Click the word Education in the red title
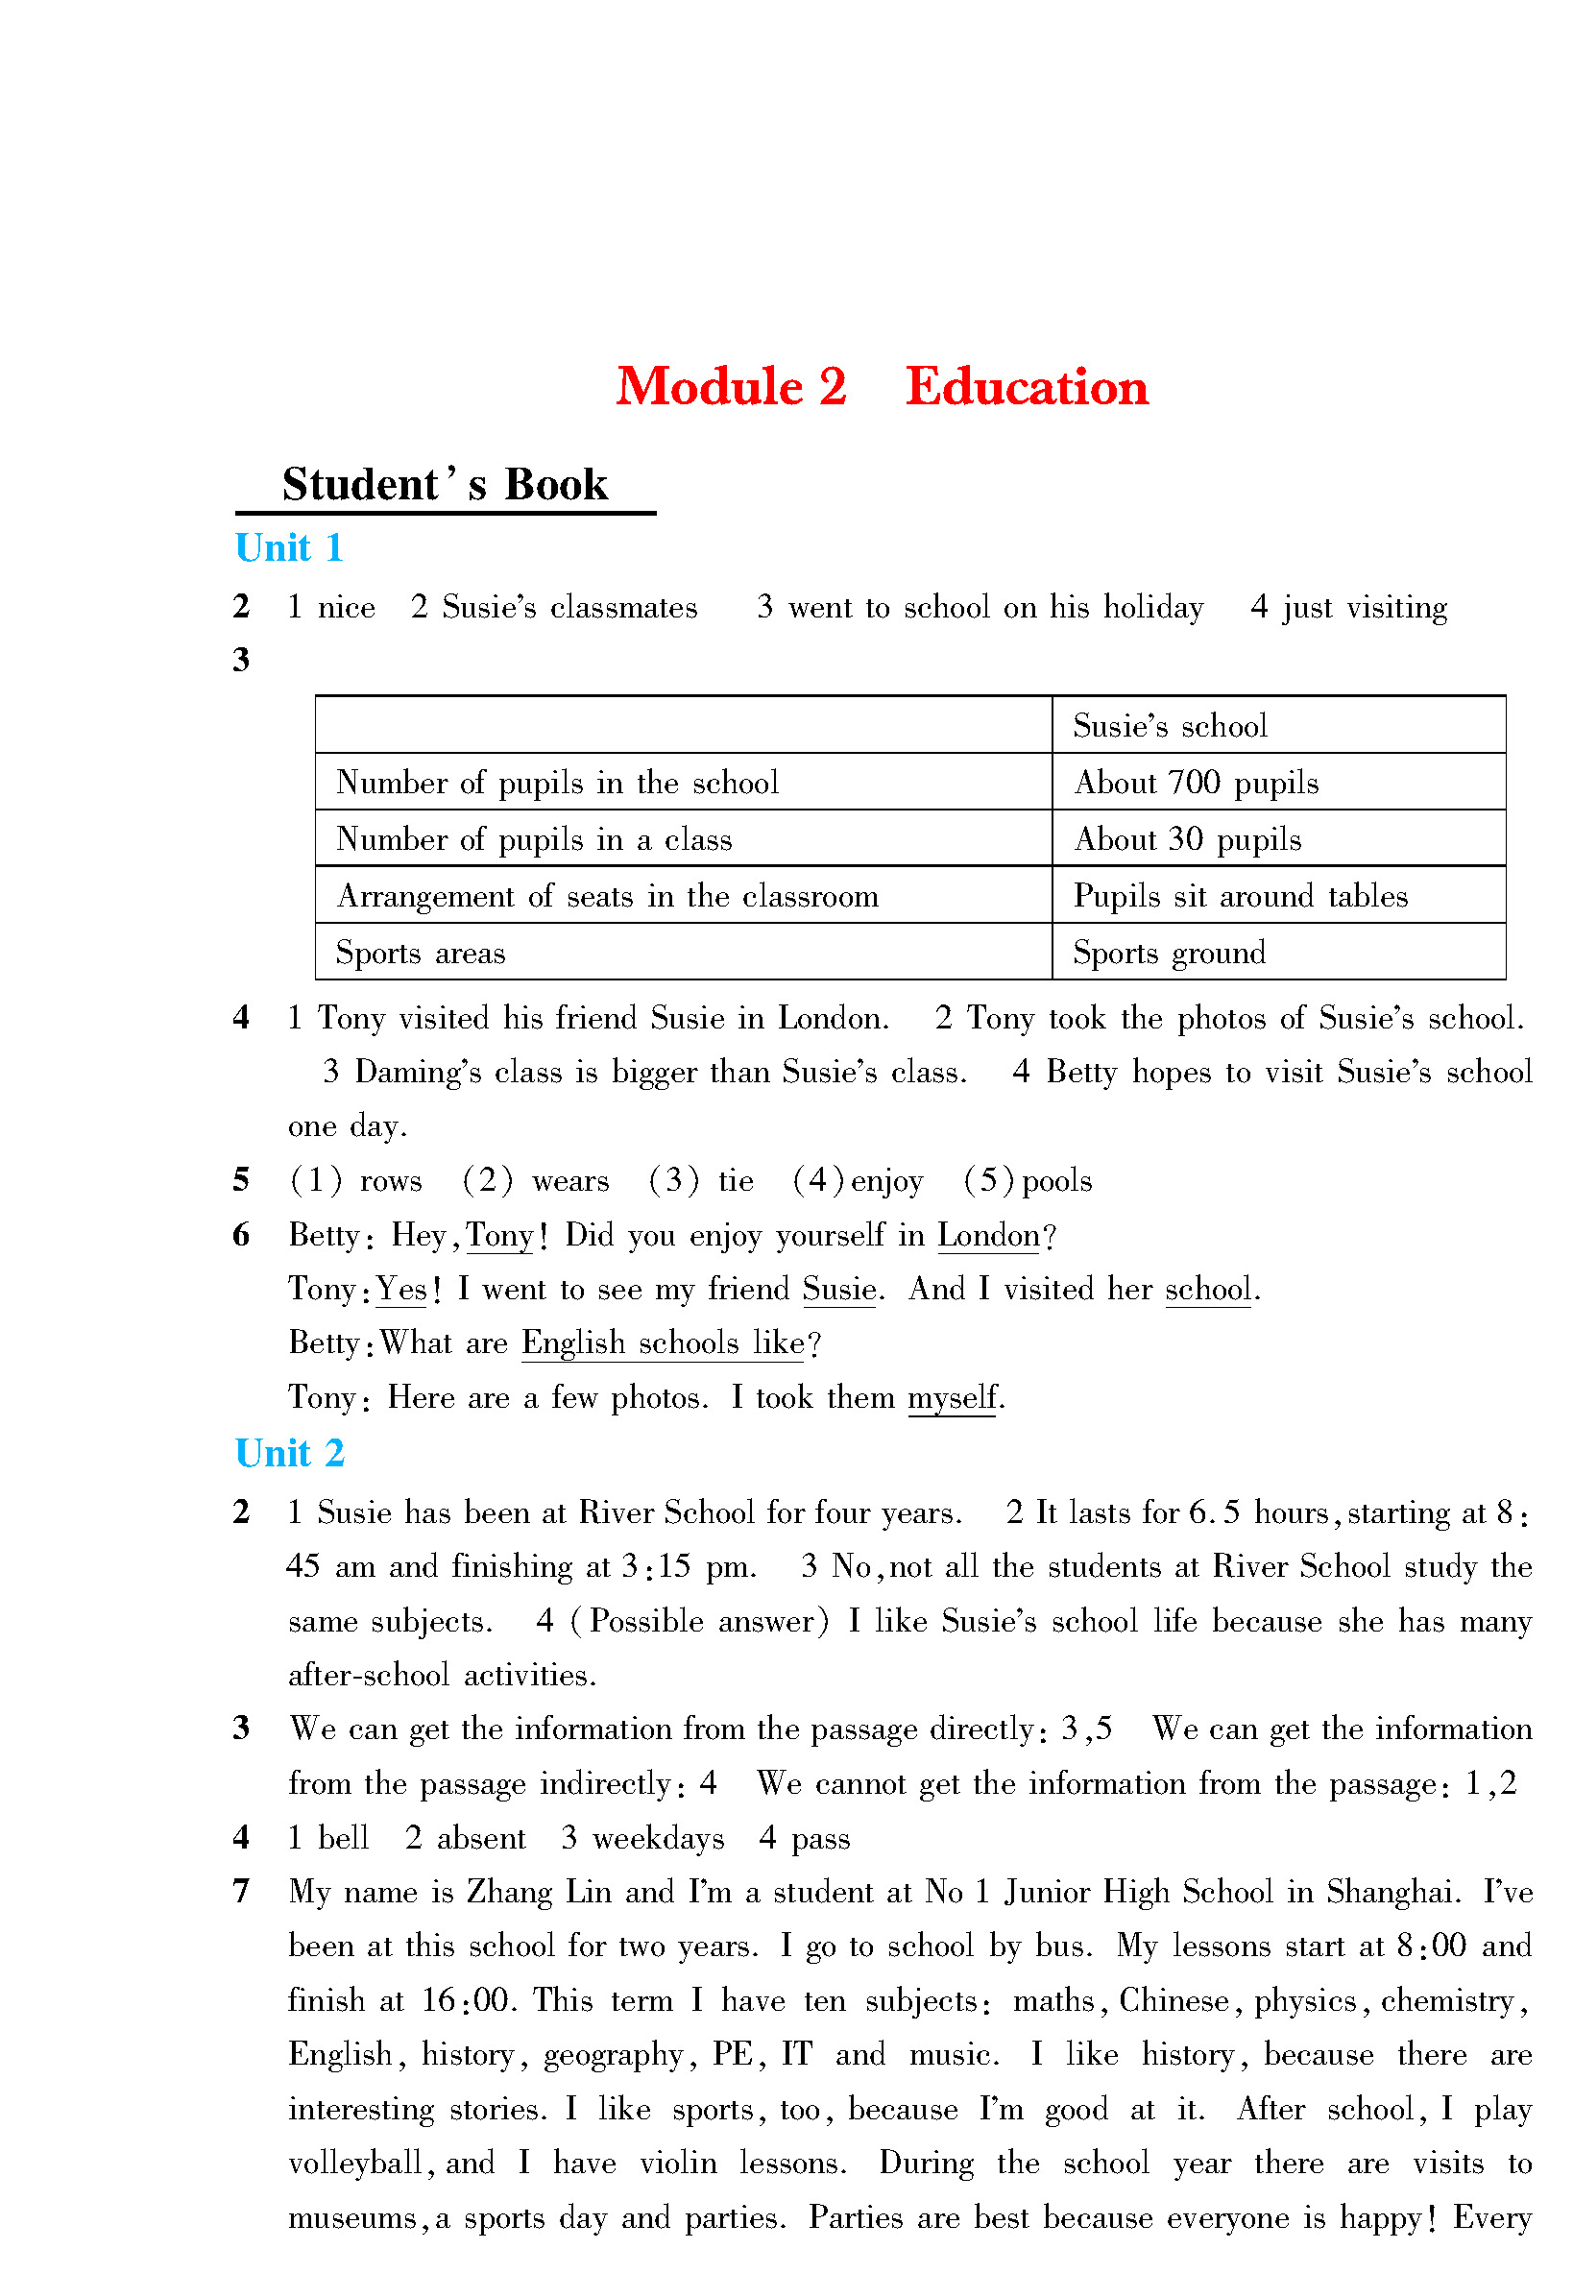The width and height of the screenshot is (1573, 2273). point(1026,386)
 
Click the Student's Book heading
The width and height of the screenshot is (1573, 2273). point(445,485)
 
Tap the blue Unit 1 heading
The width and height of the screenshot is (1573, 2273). point(289,547)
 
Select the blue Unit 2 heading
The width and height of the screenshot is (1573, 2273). point(289,1454)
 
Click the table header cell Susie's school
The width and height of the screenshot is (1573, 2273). point(1169,726)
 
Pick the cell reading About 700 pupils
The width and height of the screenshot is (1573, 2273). point(1196,783)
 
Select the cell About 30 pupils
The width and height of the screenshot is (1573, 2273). point(1187,839)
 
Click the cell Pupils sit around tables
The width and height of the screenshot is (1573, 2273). point(1240,896)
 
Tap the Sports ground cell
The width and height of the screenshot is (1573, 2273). point(1169,953)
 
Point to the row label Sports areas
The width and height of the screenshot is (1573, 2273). point(421,953)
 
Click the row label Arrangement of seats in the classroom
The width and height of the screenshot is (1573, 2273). point(607,896)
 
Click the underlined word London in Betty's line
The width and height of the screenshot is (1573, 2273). point(988,1236)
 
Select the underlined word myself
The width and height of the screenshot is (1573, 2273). point(952,1398)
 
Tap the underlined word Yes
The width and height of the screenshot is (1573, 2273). point(402,1290)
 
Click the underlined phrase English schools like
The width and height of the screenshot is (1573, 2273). point(664,1343)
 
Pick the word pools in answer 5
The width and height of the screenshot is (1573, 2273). point(1056,1180)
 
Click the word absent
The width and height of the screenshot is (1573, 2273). point(481,1839)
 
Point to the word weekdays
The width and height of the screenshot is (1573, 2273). point(658,1839)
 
